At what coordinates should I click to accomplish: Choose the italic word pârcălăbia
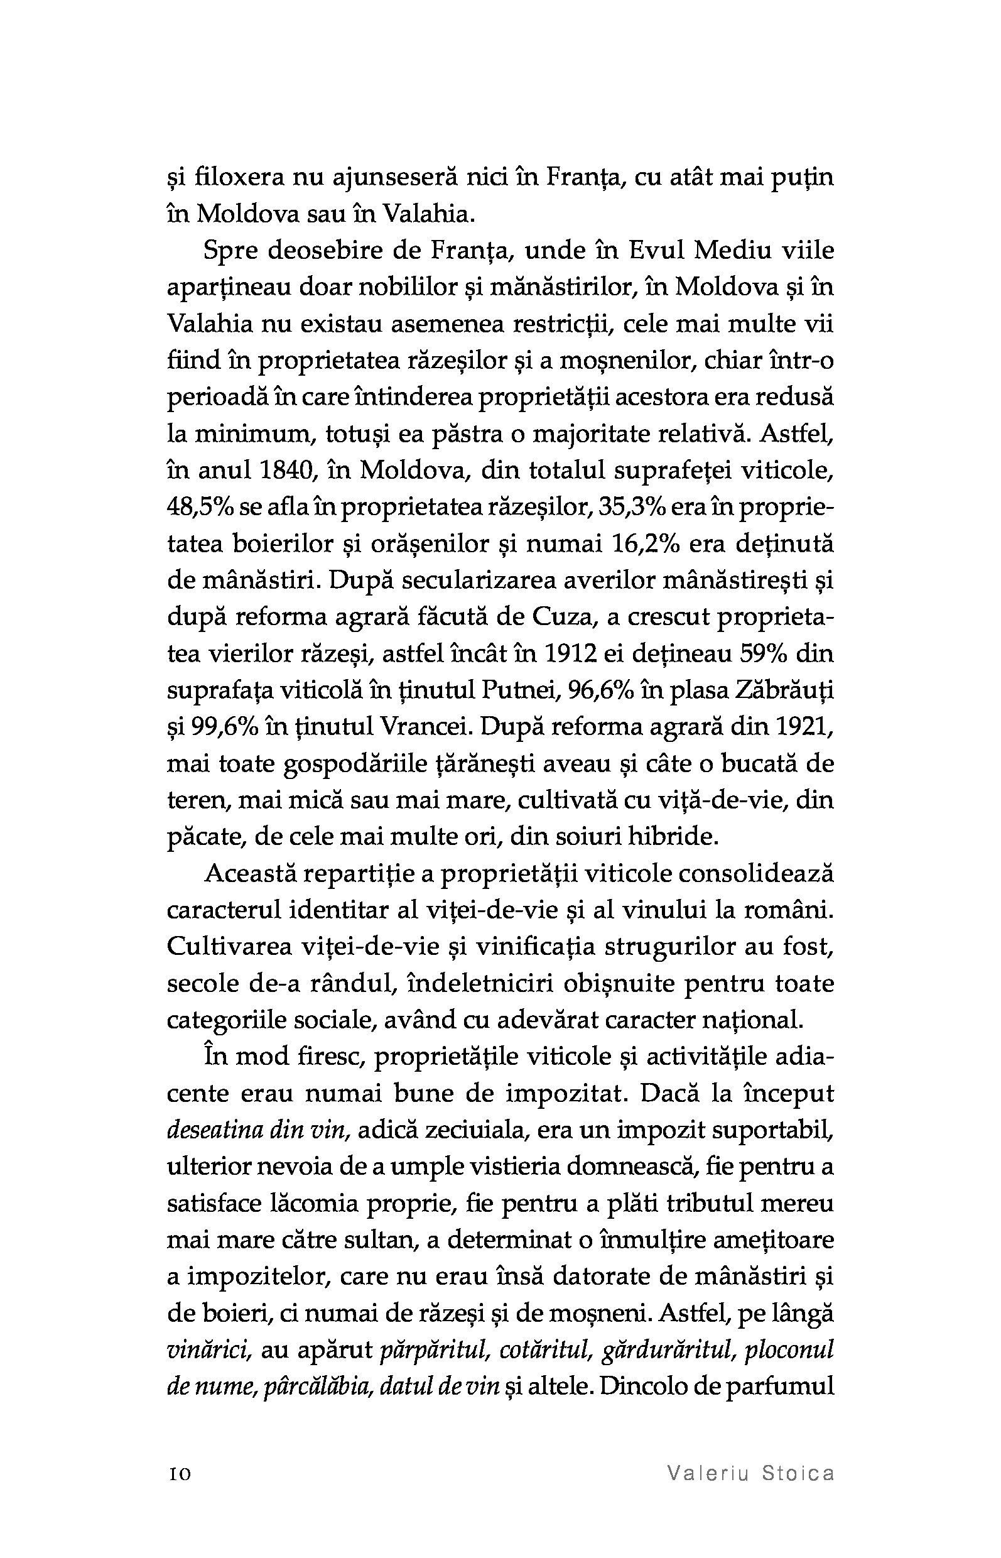(309, 1388)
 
